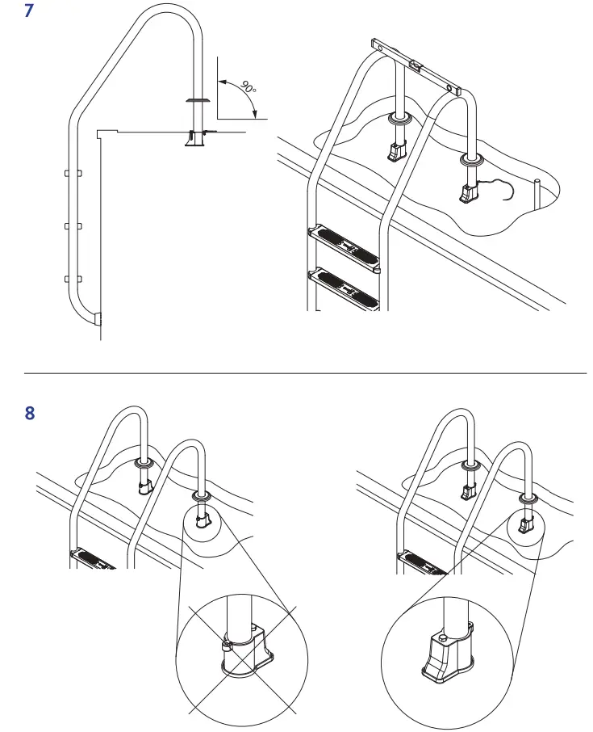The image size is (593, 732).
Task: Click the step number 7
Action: (31, 14)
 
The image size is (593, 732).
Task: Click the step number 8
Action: (31, 413)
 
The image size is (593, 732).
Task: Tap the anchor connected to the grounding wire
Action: (469, 192)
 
